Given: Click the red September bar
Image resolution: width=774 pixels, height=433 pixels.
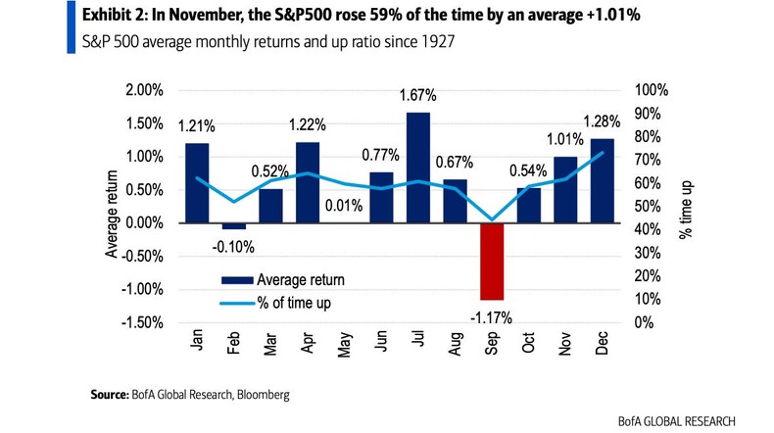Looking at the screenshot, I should pos(491,261).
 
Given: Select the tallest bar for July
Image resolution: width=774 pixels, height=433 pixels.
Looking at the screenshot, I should pos(418,168).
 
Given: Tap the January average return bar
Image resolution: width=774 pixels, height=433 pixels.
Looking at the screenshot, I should pos(197,182).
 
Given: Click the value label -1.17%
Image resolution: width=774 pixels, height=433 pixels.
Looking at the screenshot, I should pos(491,316).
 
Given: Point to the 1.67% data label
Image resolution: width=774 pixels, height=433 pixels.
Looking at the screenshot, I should pos(418,96).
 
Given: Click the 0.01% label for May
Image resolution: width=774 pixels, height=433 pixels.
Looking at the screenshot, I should pos(345,207).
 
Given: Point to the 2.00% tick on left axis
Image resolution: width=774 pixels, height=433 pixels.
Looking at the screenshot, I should pos(143,90).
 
